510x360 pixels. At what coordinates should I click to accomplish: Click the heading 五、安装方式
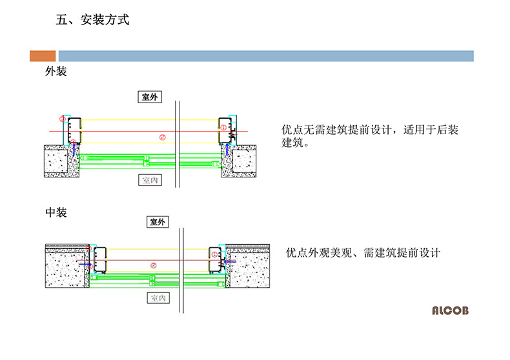[92, 20]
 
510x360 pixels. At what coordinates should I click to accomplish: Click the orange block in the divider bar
[43, 56]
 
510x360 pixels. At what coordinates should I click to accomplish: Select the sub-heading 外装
[56, 71]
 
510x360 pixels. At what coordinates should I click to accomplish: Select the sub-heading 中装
[56, 212]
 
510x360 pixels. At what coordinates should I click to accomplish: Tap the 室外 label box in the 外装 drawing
[150, 97]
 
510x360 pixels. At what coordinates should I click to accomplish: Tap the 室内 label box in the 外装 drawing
[150, 180]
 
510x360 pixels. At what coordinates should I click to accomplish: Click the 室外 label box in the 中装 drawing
[158, 222]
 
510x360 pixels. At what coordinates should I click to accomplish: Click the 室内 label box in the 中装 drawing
[158, 298]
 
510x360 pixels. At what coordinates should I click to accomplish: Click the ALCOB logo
[450, 310]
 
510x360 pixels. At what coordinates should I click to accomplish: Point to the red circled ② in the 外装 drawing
[163, 137]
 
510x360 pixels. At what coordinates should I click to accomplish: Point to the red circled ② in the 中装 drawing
[154, 265]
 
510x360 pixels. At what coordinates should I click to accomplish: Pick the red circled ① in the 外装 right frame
[223, 127]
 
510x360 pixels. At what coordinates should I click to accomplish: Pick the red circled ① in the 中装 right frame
[214, 255]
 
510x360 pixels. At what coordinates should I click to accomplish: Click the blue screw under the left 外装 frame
[74, 150]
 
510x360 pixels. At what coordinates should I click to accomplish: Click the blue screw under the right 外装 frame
[227, 150]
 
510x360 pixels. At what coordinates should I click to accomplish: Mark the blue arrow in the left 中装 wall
[85, 265]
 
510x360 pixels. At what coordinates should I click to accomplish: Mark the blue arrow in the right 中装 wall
[230, 261]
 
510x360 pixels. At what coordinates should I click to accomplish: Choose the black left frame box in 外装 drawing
[74, 130]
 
